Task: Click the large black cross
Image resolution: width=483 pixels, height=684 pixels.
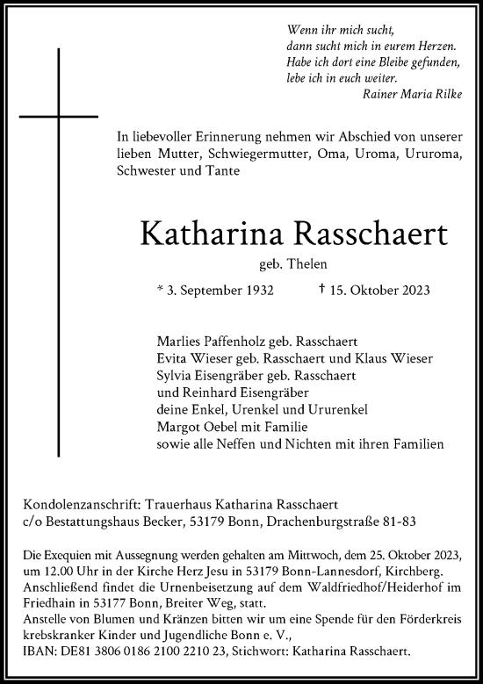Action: coord(59,114)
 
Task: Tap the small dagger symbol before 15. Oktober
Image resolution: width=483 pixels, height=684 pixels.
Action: coord(323,287)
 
